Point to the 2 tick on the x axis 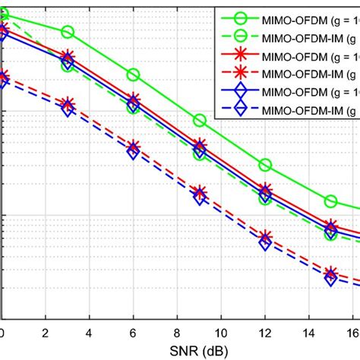[x=46, y=332]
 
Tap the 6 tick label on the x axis [x=134, y=332]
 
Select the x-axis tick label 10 [x=222, y=332]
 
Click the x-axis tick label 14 [x=310, y=332]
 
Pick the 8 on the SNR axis [x=178, y=332]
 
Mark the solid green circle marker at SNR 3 [x=68, y=32]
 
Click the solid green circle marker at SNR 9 [x=200, y=120]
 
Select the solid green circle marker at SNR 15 [x=331, y=201]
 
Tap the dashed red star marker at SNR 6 [x=134, y=147]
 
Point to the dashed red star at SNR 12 [x=266, y=237]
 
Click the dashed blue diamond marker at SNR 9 [x=200, y=198]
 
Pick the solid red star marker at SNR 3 [x=68, y=57]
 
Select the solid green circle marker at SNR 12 [x=266, y=164]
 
